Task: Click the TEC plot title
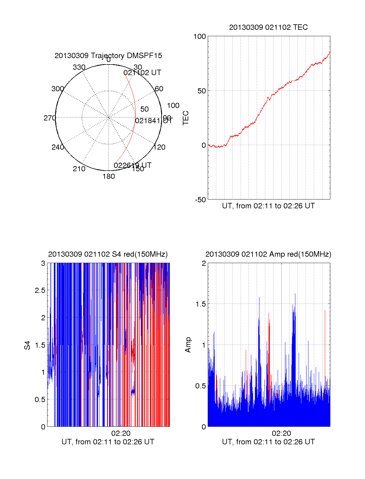(x=268, y=27)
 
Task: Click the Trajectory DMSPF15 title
(x=108, y=56)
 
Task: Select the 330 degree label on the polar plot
(x=79, y=67)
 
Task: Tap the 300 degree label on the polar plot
(x=57, y=89)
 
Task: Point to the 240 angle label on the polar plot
(x=57, y=147)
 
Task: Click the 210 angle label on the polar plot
(x=79, y=169)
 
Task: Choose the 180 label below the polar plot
(x=109, y=176)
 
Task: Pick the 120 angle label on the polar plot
(x=159, y=147)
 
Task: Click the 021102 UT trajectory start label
(x=142, y=73)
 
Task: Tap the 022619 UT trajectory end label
(x=133, y=165)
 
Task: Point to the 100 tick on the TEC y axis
(x=200, y=36)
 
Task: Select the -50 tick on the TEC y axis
(x=200, y=200)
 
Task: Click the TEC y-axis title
(x=186, y=118)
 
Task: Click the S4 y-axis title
(x=27, y=345)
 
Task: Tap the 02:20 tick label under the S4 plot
(x=121, y=433)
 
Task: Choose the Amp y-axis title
(x=188, y=345)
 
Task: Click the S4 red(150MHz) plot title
(x=108, y=254)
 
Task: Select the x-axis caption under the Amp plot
(x=268, y=442)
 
